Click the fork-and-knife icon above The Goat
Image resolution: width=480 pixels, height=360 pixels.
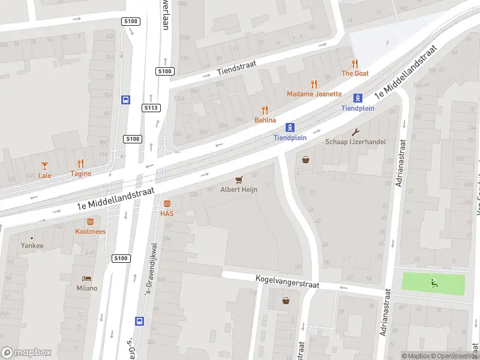(355, 63)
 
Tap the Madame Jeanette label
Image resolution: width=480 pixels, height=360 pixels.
(314, 94)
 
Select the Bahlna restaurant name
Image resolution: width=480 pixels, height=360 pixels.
(265, 120)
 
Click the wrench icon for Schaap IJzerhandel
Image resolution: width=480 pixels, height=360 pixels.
(355, 132)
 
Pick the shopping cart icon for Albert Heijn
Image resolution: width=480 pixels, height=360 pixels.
(239, 179)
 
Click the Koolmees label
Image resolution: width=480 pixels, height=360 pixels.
(90, 231)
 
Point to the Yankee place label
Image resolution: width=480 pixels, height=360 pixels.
(32, 245)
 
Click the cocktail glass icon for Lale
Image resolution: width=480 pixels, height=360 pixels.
(44, 164)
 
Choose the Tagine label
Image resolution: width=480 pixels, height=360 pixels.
(81, 174)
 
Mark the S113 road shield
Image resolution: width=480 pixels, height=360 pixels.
(151, 108)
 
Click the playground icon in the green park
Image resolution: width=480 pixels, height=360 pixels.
(433, 283)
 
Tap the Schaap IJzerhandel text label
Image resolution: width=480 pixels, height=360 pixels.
(355, 142)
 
